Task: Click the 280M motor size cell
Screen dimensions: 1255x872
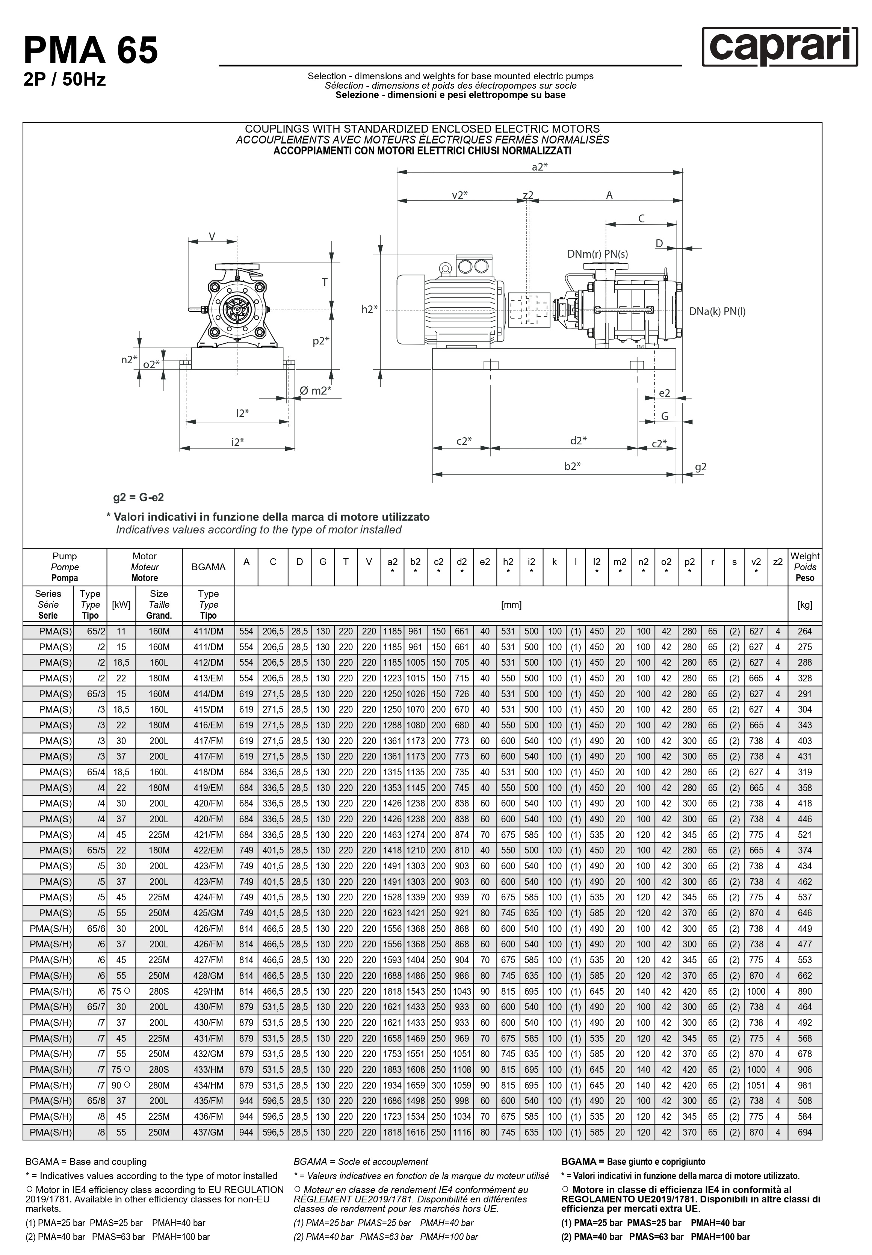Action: tap(159, 1086)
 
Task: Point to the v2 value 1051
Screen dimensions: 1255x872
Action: tap(756, 1086)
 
